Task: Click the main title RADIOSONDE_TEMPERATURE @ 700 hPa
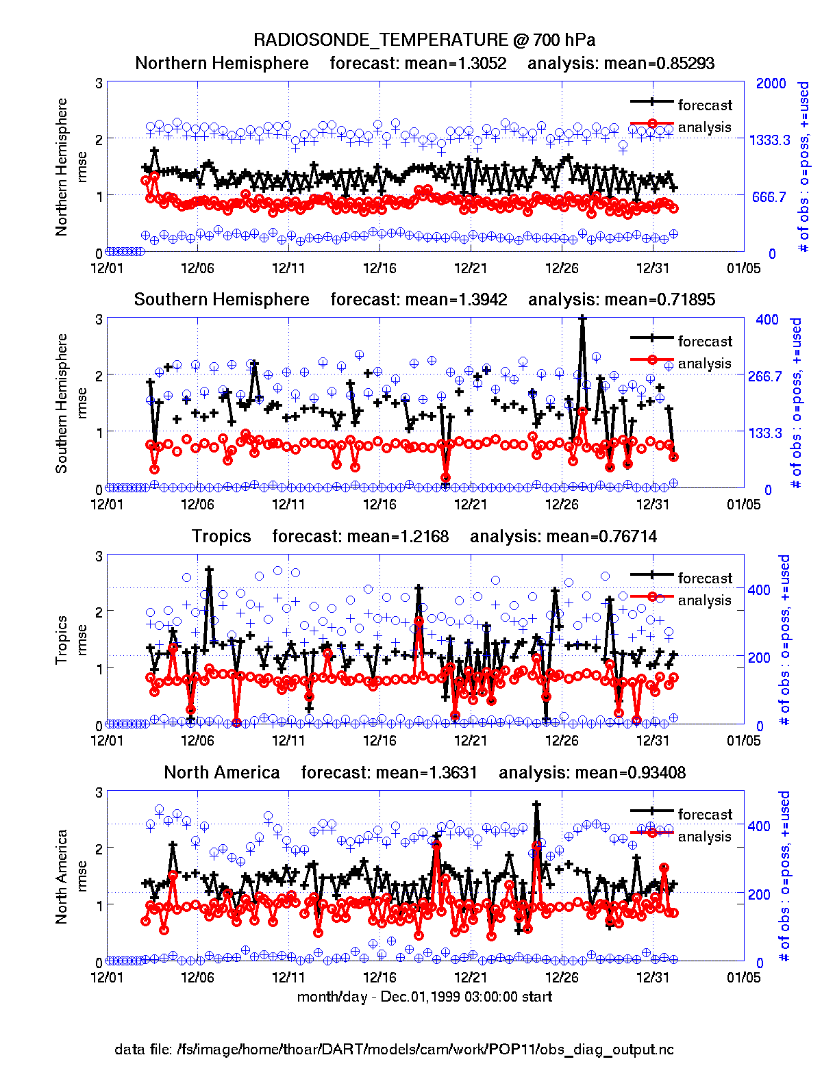[x=424, y=40]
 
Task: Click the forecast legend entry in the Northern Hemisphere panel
[x=704, y=105]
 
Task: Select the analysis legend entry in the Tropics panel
[x=704, y=600]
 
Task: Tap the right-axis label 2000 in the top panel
[x=771, y=84]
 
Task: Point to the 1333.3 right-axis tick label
[x=769, y=140]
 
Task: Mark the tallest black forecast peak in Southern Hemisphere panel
[x=582, y=319]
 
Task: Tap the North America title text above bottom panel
[x=222, y=773]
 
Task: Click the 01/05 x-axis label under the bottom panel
[x=743, y=977]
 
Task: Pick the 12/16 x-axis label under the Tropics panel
[x=379, y=741]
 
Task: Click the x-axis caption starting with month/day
[x=424, y=997]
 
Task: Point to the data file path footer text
[x=394, y=1050]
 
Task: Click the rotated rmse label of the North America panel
[x=82, y=876]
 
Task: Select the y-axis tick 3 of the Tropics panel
[x=99, y=556]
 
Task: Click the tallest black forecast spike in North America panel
[x=536, y=805]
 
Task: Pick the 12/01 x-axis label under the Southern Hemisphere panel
[x=107, y=505]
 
